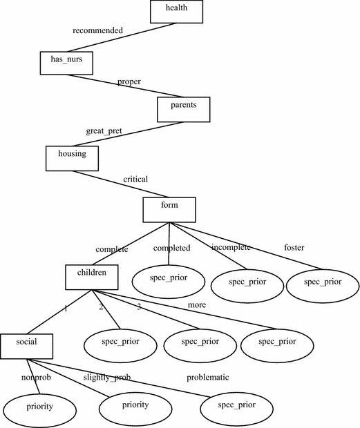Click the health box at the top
[x=177, y=10]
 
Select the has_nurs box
[x=66, y=62]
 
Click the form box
[x=169, y=208]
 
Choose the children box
[x=92, y=275]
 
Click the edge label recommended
[x=98, y=31]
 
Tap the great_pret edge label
[x=105, y=130]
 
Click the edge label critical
[x=136, y=179]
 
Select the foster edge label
[x=294, y=247]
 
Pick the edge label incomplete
[x=231, y=247]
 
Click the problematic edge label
[x=207, y=378]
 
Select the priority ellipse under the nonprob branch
[x=37, y=407]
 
